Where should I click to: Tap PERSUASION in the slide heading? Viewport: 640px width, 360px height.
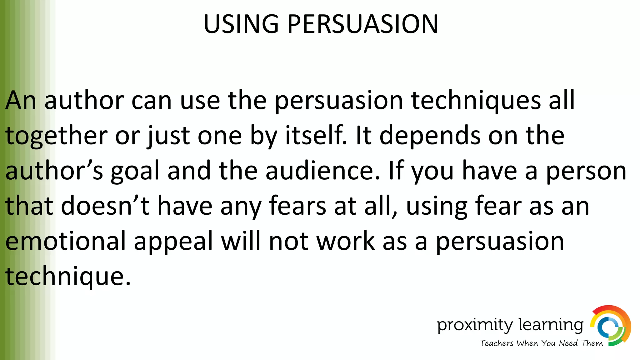[362, 24]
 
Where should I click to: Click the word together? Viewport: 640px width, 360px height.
[56, 136]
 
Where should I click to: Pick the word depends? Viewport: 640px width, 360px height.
[430, 136]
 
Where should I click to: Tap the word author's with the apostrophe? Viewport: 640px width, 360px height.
[54, 171]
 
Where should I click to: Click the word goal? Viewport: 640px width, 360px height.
[135, 171]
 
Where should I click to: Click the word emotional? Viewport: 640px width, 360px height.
[65, 241]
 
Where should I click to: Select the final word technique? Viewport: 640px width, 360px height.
[67, 277]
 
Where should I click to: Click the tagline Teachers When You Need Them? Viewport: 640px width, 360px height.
[541, 343]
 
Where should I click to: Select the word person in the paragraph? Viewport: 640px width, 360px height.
[586, 171]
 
